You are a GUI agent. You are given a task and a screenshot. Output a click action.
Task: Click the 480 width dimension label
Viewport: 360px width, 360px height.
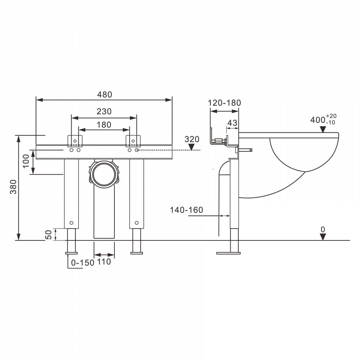click(104, 95)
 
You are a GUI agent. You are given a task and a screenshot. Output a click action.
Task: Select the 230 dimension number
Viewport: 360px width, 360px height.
click(104, 111)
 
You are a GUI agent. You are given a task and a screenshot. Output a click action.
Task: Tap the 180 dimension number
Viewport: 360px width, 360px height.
click(104, 125)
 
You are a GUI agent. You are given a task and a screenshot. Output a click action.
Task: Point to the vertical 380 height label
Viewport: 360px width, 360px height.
click(13, 186)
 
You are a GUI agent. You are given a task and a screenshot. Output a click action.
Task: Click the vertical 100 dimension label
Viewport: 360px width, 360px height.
click(26, 161)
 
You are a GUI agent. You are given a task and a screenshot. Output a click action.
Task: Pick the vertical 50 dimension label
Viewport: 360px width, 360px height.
click(49, 235)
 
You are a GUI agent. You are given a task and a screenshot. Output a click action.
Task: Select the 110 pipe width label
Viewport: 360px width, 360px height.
click(104, 261)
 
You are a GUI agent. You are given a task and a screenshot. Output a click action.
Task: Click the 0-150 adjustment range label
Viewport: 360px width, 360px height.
click(83, 263)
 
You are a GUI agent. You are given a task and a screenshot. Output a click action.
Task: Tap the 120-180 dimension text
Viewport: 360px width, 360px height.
click(224, 103)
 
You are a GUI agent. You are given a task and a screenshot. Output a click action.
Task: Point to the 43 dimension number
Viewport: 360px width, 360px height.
click(232, 123)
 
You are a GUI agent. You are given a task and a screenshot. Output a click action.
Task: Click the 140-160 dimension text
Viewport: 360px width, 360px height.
click(186, 210)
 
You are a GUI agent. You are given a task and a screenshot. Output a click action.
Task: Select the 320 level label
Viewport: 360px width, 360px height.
click(192, 139)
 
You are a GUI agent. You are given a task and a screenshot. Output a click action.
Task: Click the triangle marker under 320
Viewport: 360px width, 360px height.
click(192, 147)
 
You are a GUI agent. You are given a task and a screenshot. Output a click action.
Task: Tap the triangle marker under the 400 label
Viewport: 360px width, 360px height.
click(323, 130)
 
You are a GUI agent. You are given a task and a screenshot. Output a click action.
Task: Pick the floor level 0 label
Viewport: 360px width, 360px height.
click(323, 230)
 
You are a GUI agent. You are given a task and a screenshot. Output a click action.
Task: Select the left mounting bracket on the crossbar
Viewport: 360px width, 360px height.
click(75, 141)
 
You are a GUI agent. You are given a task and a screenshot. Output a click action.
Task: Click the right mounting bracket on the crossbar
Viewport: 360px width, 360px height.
click(133, 141)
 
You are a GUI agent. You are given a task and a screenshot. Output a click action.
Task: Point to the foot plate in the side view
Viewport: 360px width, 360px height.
click(229, 253)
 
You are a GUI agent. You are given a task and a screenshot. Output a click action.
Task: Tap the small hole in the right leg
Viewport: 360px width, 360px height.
click(136, 223)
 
